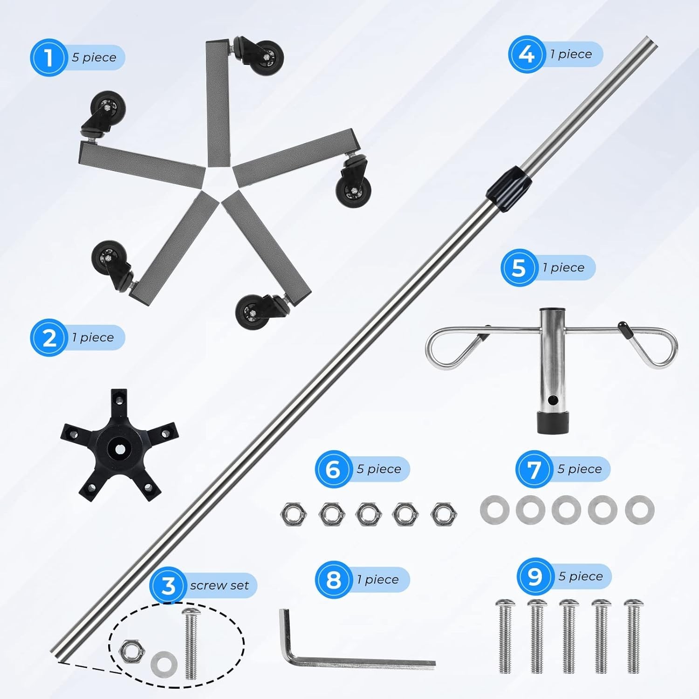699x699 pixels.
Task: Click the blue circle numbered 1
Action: click(48, 58)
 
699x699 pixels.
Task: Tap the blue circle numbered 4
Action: click(527, 55)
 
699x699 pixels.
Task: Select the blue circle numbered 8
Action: click(333, 580)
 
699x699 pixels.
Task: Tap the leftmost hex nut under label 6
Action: click(294, 514)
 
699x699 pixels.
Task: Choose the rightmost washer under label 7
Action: click(639, 510)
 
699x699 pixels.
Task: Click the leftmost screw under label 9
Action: click(505, 636)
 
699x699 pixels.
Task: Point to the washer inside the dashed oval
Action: click(164, 662)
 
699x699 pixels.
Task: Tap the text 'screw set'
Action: click(219, 585)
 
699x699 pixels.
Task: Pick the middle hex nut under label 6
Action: click(368, 514)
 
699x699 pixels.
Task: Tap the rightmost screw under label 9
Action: click(633, 636)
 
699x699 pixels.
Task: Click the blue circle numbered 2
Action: click(48, 338)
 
